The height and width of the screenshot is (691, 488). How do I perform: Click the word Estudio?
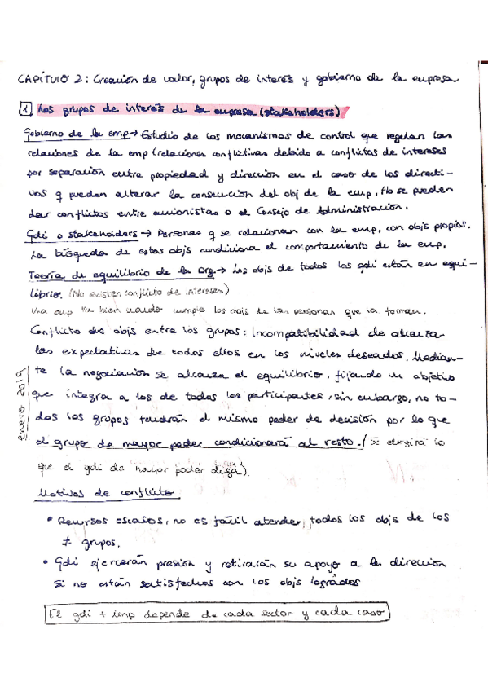pyautogui.click(x=164, y=134)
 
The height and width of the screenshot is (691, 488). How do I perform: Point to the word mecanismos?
pyautogui.click(x=269, y=134)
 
